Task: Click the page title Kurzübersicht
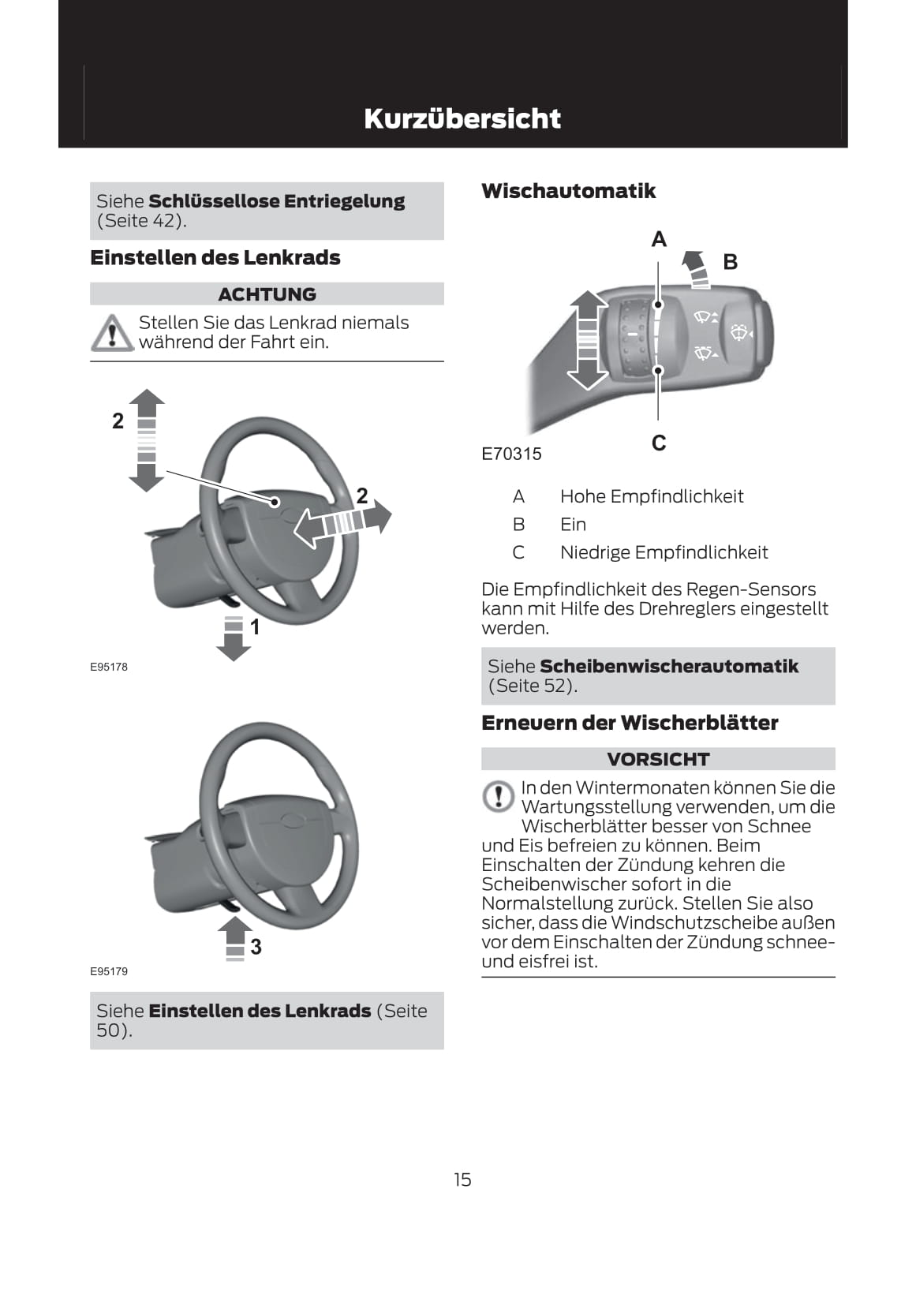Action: tap(462, 118)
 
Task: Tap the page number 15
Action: tap(462, 1179)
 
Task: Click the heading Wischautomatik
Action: tap(568, 191)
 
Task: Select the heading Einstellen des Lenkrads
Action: tap(215, 258)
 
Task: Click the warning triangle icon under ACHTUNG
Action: tap(112, 332)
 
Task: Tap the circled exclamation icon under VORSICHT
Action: tap(498, 796)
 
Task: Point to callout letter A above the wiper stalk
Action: tap(659, 239)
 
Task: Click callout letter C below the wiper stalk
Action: tap(659, 443)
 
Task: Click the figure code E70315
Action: tap(511, 454)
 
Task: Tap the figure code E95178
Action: tap(108, 667)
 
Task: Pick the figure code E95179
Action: tap(108, 971)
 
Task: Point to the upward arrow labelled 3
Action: tap(234, 937)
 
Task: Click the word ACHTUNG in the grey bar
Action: tap(267, 294)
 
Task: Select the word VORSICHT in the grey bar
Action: tap(658, 759)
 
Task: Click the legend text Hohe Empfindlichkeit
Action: tap(652, 496)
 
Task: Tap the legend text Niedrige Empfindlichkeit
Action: tap(664, 552)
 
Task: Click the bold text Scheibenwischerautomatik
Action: tap(669, 667)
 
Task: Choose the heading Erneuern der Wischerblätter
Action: tap(630, 723)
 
